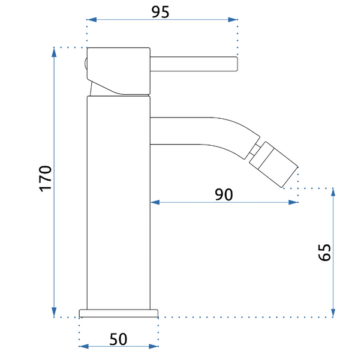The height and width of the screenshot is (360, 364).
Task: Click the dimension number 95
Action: point(160,12)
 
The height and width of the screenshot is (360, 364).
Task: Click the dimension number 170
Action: point(45,179)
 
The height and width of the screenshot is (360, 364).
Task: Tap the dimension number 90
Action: point(224,194)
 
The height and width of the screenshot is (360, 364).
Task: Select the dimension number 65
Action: point(324,253)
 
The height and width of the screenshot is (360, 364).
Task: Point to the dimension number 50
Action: point(118,340)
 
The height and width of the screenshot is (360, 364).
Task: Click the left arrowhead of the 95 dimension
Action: point(92,20)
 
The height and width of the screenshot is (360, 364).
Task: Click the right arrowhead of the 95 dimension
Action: point(233,20)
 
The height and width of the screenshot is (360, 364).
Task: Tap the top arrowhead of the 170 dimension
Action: point(54,52)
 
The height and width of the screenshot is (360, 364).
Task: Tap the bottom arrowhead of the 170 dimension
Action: point(54,312)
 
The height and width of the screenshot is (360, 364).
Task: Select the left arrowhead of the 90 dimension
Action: point(155,203)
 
